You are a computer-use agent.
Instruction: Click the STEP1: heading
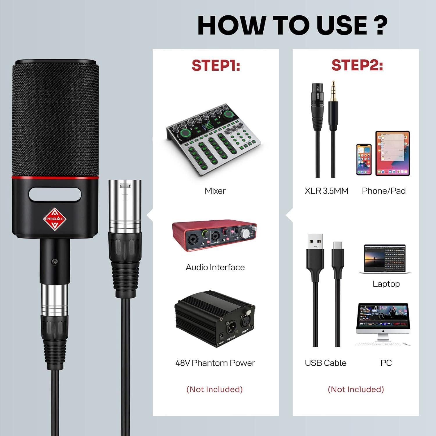point(216,65)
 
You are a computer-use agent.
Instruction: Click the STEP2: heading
point(357,65)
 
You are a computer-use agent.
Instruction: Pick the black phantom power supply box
point(215,318)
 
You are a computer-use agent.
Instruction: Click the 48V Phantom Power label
point(215,363)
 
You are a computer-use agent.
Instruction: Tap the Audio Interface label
point(215,267)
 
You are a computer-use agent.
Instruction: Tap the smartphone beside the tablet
point(364,159)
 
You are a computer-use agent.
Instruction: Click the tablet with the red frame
point(392,153)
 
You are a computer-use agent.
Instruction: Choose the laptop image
point(385,259)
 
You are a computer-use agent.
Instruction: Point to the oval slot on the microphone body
point(55,194)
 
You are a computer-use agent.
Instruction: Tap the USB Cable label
point(326,363)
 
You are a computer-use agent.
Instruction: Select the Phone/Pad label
point(384,191)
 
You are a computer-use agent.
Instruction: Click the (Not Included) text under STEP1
point(215,389)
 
